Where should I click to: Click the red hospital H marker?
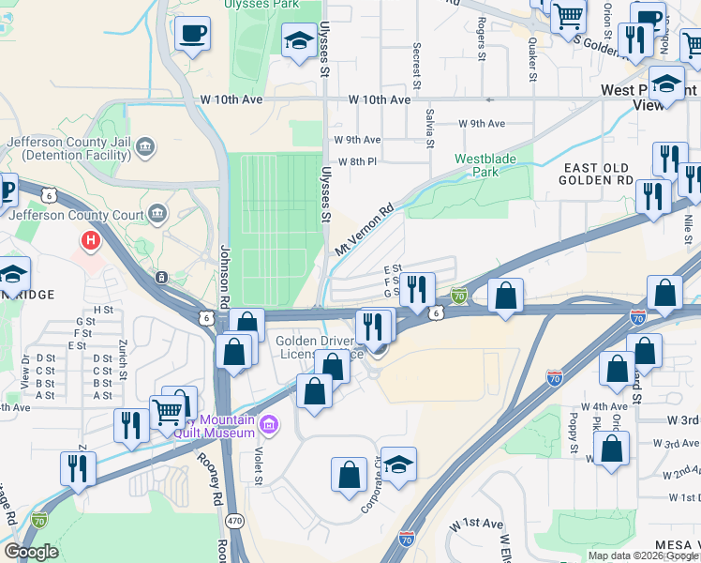pyautogui.click(x=91, y=241)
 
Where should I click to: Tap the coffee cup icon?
pyautogui.click(x=192, y=35)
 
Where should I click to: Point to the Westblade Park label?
pyautogui.click(x=485, y=165)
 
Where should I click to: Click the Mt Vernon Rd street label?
pyautogui.click(x=364, y=232)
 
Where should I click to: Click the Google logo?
pyautogui.click(x=31, y=552)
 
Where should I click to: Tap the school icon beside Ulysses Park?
pyautogui.click(x=299, y=40)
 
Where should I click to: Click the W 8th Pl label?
pyautogui.click(x=355, y=161)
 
